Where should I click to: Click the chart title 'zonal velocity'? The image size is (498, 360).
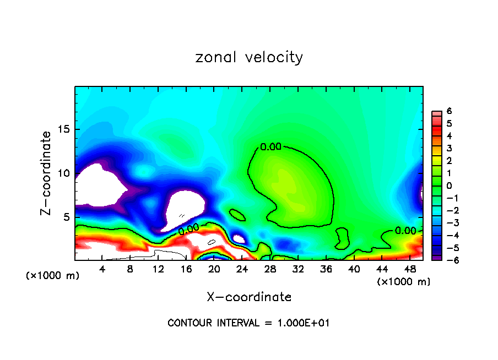(249, 57)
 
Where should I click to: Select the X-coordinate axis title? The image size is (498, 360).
(249, 297)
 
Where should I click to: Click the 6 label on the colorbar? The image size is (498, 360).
(449, 111)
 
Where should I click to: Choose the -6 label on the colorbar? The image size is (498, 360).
(447, 260)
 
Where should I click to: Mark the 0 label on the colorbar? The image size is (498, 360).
(449, 186)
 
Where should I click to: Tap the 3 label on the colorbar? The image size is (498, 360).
(449, 148)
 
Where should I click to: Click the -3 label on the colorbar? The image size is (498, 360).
(447, 222)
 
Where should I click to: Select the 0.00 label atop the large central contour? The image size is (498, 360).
(270, 147)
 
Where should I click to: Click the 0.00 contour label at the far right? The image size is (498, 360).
(405, 231)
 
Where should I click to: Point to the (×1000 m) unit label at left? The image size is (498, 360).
(53, 276)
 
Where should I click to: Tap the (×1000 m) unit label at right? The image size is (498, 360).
(404, 282)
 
